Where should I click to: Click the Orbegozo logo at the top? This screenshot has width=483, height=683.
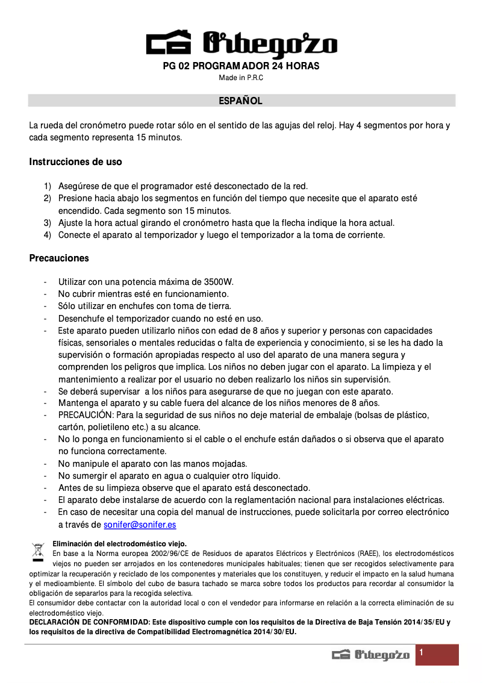pyautogui.click(x=241, y=45)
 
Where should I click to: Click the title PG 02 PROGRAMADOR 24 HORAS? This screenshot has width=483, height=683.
pyautogui.click(x=241, y=66)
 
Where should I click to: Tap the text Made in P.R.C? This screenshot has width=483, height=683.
pyautogui.click(x=241, y=78)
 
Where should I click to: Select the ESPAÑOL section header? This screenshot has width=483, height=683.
pyautogui.click(x=240, y=101)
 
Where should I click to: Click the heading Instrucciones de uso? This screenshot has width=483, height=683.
pyautogui.click(x=75, y=162)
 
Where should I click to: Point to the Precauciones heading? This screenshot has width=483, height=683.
pyautogui.click(x=59, y=258)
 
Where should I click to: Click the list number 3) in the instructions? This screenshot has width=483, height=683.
pyautogui.click(x=47, y=223)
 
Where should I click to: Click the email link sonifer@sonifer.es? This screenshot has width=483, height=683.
pyautogui.click(x=140, y=525)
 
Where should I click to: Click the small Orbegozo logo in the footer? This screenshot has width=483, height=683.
pyautogui.click(x=370, y=655)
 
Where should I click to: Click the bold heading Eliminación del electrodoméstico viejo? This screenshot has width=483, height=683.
pyautogui.click(x=119, y=543)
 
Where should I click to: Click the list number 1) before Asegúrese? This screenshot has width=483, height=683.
pyautogui.click(x=47, y=186)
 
